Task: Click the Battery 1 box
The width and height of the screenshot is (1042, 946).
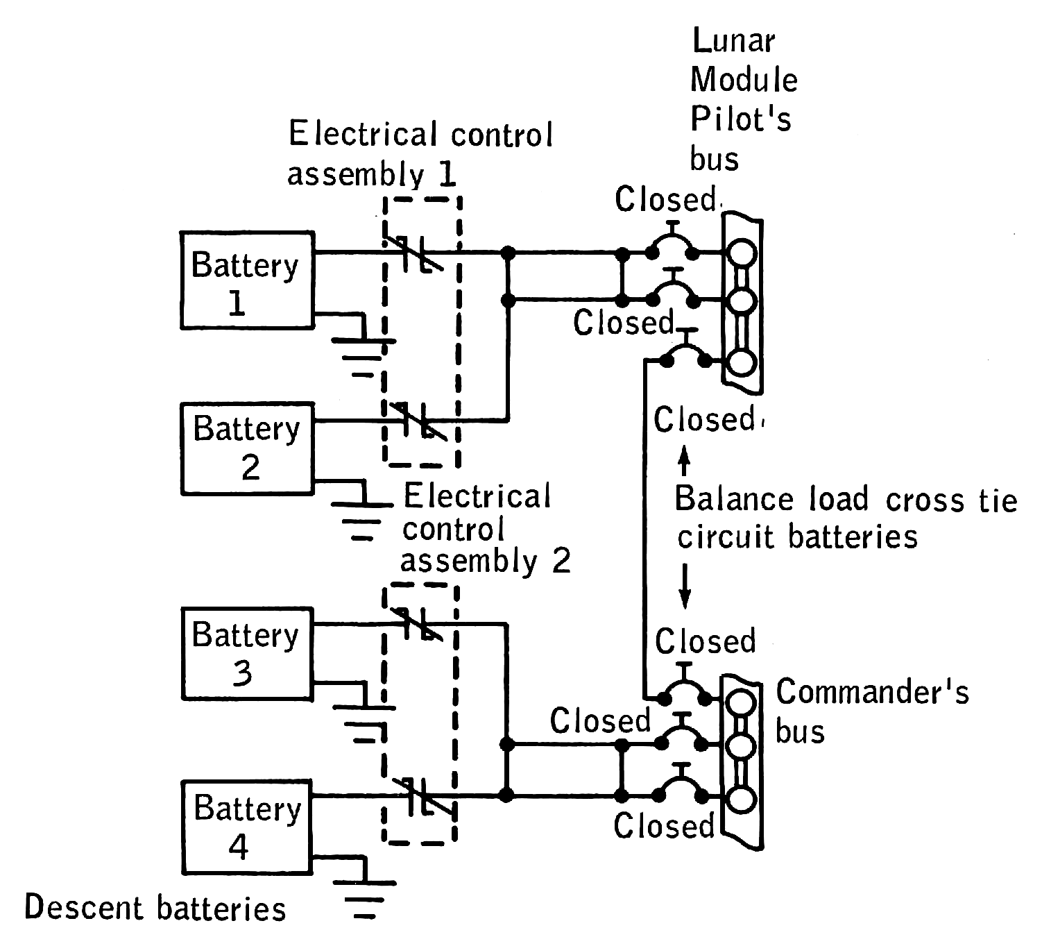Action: click(247, 280)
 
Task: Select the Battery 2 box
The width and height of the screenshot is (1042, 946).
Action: click(247, 448)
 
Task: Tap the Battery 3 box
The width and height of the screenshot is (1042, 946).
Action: click(247, 653)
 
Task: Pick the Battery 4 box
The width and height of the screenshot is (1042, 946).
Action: click(247, 827)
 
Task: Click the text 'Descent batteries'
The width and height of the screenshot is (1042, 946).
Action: click(155, 909)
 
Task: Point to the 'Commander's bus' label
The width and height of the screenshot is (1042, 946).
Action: click(871, 711)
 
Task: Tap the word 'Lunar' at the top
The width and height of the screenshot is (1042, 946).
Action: click(733, 42)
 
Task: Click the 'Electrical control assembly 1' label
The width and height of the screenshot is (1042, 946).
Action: click(420, 154)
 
